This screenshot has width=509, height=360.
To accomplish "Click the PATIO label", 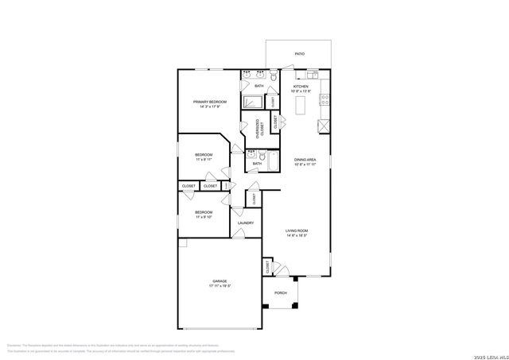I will tap(299, 54).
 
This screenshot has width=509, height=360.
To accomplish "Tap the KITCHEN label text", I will tap(301, 87).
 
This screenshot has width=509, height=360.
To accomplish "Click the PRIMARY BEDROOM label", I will tap(209, 102).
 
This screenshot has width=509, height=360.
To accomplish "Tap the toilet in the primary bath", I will tap(271, 77).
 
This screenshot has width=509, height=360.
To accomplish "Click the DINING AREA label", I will tap(305, 160).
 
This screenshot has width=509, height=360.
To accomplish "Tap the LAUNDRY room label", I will tap(246, 223).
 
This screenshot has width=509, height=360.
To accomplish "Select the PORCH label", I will tap(280, 292).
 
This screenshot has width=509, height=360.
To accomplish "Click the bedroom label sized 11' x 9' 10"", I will tap(204, 212).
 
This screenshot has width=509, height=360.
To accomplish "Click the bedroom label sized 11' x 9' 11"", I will tap(204, 156).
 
